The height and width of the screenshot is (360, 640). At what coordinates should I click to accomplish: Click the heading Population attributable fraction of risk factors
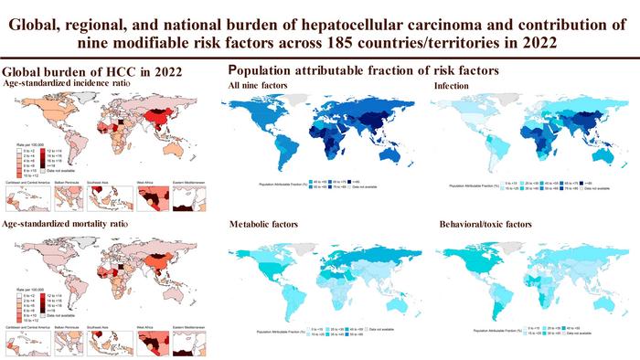click(364, 69)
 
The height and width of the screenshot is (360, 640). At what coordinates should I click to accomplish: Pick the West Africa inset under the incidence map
click(157, 199)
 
